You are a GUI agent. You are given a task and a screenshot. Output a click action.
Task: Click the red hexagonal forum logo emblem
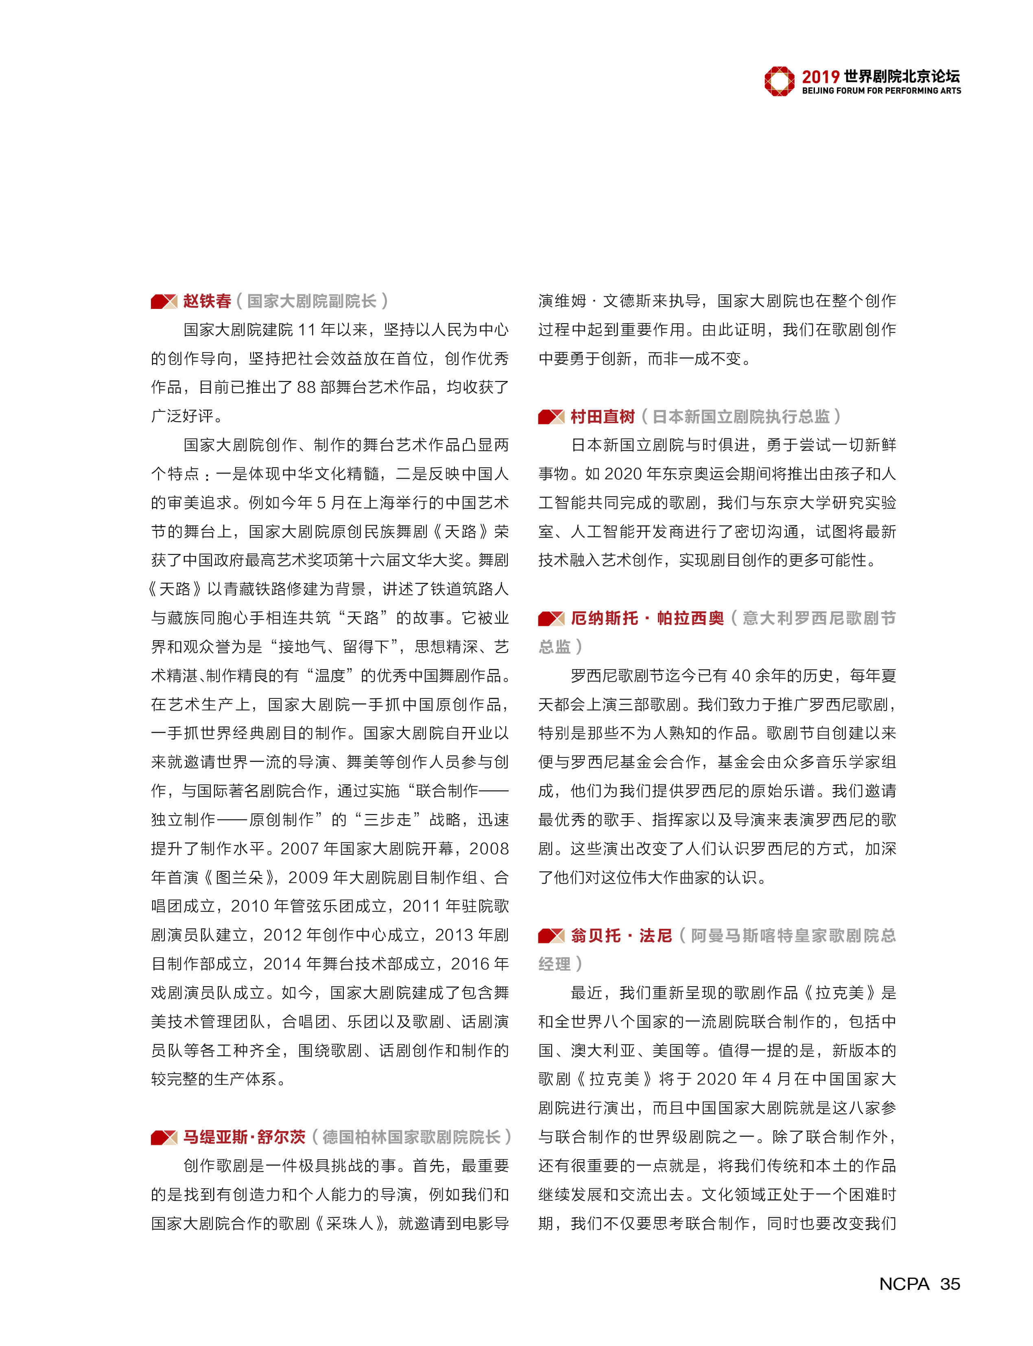pyautogui.click(x=779, y=81)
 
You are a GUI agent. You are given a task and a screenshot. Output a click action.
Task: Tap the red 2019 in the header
pyautogui.click(x=820, y=77)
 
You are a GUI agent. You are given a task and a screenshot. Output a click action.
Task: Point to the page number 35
pyautogui.click(x=950, y=1283)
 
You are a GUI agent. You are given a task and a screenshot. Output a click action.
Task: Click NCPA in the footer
pyautogui.click(x=904, y=1283)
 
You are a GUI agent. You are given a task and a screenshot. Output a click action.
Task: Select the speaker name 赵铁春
pyautogui.click(x=207, y=301)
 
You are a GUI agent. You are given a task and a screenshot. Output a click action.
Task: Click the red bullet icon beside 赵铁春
pyautogui.click(x=164, y=302)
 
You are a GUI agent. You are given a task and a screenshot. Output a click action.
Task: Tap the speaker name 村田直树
pyautogui.click(x=602, y=416)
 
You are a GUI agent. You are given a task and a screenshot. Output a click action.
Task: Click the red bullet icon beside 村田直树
pyautogui.click(x=551, y=417)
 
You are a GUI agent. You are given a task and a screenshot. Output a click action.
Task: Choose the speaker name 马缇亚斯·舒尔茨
pyautogui.click(x=244, y=1137)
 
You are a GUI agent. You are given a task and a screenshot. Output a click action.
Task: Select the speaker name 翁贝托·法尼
pyautogui.click(x=621, y=936)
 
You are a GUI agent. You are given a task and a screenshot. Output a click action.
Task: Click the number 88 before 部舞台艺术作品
pyautogui.click(x=307, y=387)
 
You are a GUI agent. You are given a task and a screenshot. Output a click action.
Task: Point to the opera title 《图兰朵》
pyautogui.click(x=240, y=877)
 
